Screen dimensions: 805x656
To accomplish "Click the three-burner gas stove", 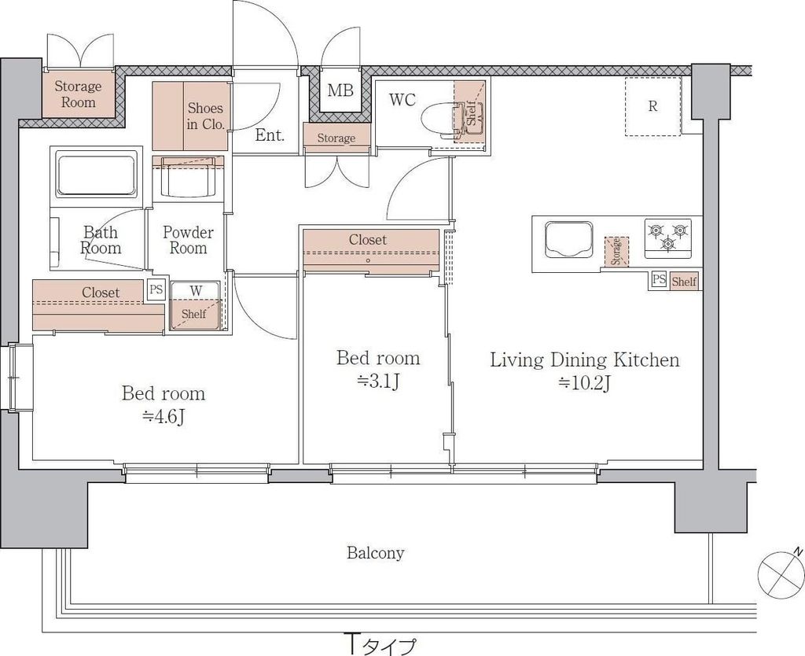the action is click(668, 238).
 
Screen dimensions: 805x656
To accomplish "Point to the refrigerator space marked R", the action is click(653, 106).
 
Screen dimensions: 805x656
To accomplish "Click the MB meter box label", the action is click(340, 91).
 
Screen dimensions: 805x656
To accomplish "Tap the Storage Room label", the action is click(78, 94).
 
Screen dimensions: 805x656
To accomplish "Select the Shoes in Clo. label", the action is click(205, 116).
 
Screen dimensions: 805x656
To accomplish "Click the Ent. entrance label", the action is click(270, 135).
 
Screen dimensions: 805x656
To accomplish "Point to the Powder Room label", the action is click(188, 240).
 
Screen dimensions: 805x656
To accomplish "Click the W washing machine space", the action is click(196, 305).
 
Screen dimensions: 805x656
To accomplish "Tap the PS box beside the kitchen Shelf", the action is click(660, 280).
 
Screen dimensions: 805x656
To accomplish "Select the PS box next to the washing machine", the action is click(156, 289).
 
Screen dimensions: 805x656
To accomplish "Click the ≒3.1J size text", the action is click(378, 381).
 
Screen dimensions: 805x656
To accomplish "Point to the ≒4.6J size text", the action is click(164, 417).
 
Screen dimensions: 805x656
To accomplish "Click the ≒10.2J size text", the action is click(584, 383).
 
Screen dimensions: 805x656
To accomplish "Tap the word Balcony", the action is click(375, 553).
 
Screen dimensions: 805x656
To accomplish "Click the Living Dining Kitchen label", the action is click(585, 359).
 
